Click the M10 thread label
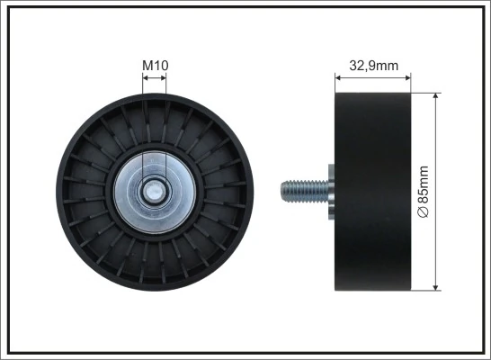(156, 65)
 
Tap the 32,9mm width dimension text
(373, 65)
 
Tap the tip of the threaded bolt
(283, 191)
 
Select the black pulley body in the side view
(373, 191)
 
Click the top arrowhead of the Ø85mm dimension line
(436, 95)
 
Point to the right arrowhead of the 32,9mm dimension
(407, 77)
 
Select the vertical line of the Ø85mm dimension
(436, 144)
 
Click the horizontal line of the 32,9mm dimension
(373, 77)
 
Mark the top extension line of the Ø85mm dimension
(427, 91)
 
